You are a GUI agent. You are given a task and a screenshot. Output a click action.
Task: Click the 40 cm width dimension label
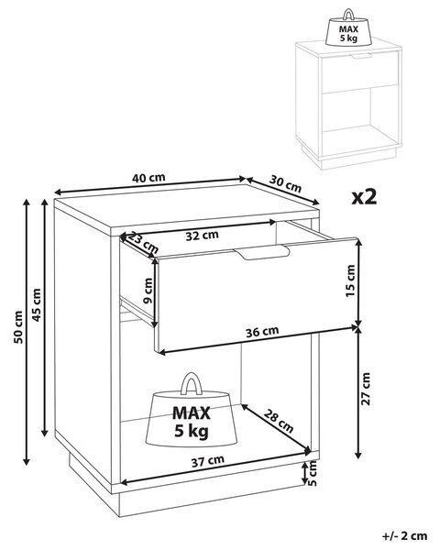point(148,178)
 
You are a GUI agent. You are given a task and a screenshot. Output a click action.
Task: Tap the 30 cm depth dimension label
point(285,184)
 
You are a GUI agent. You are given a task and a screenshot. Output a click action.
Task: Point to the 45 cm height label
point(37,305)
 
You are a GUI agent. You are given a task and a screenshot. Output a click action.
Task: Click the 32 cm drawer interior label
point(202,236)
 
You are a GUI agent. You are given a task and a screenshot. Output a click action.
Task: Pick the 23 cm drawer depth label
point(142,243)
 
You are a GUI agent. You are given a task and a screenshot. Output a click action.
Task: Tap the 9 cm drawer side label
point(148,291)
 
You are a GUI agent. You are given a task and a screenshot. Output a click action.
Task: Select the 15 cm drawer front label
point(350,281)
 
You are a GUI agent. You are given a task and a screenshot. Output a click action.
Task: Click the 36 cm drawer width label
point(262,332)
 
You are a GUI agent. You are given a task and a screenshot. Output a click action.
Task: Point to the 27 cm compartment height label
point(366,389)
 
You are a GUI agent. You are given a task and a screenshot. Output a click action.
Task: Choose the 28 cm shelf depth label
point(279,421)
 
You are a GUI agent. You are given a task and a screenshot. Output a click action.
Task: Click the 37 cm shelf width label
point(208,461)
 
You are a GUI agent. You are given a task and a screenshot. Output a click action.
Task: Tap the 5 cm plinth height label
point(312,473)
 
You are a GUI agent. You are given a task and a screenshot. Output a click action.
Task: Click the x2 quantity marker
point(364,197)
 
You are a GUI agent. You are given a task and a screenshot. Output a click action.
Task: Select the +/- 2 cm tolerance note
point(404,536)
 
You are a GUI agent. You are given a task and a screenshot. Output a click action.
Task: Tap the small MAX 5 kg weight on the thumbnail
point(348,27)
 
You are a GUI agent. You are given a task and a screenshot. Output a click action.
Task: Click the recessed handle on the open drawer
point(262,253)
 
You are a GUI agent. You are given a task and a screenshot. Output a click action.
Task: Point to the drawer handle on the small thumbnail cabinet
point(361,57)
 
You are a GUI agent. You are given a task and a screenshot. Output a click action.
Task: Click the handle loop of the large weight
point(192,376)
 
